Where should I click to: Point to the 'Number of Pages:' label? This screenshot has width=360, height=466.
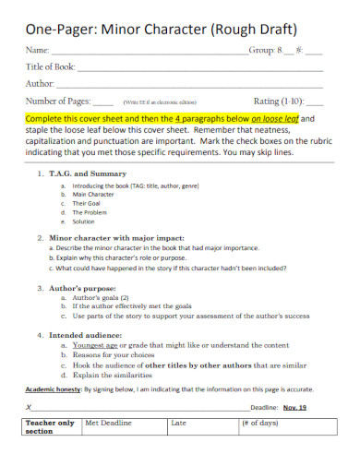[x=58, y=101]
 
